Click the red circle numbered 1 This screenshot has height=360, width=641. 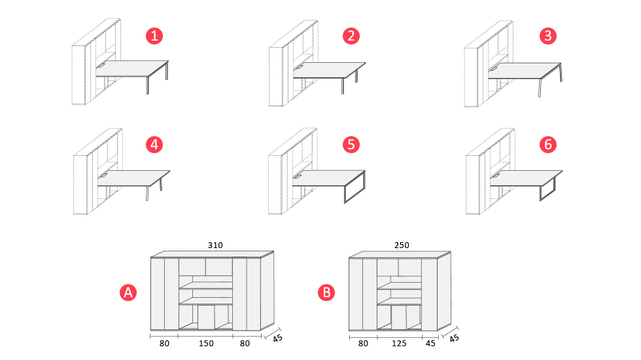(x=154, y=36)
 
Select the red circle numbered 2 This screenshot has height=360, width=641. (x=351, y=36)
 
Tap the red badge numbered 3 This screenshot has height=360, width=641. (x=548, y=36)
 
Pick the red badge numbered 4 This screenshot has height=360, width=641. (x=154, y=144)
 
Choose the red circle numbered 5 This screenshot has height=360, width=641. (x=351, y=144)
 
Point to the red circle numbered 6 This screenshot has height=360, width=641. (x=548, y=144)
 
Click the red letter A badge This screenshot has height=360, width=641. (x=128, y=293)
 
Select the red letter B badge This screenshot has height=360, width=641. (x=326, y=293)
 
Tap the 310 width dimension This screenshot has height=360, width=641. (x=215, y=245)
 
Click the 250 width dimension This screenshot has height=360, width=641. (x=402, y=245)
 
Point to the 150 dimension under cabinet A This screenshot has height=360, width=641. (x=205, y=342)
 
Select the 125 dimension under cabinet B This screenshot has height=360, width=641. (x=399, y=342)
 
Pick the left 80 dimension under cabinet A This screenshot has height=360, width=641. (x=164, y=342)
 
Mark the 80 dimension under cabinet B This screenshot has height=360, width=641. (x=362, y=342)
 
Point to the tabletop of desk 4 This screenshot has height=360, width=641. (x=133, y=177)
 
